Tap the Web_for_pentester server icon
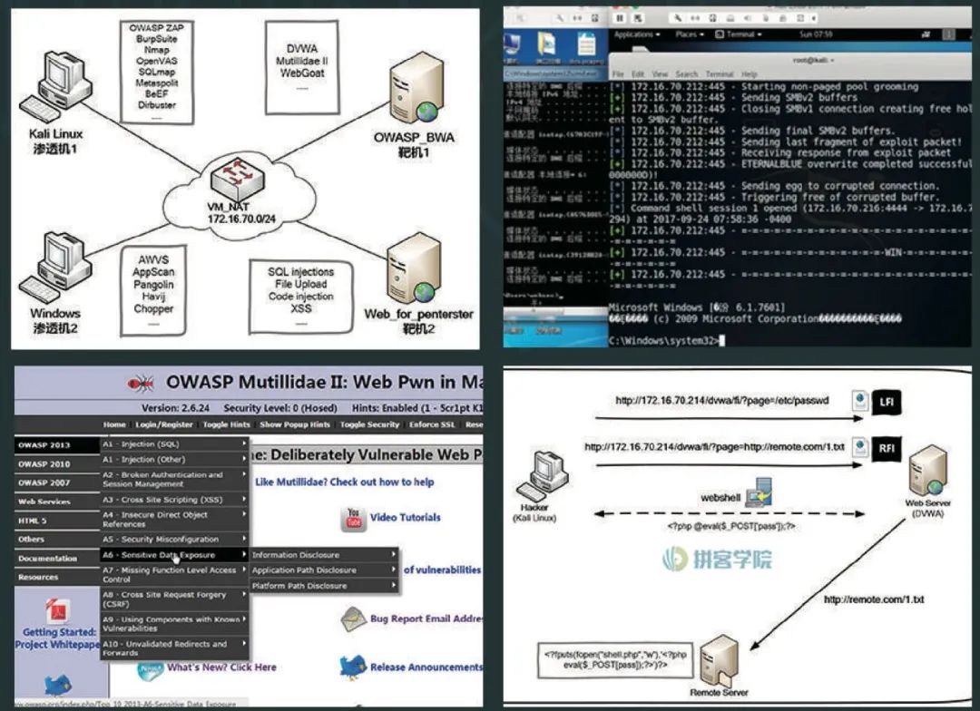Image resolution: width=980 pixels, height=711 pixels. tap(413, 268)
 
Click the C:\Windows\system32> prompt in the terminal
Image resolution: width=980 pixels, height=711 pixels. tap(665, 340)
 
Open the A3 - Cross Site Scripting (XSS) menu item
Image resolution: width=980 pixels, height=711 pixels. tap(171, 500)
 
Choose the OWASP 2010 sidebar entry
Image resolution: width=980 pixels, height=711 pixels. tap(44, 463)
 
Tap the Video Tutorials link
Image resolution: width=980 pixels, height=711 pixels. tap(405, 517)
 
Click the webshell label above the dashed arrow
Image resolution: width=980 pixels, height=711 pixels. tap(720, 498)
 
